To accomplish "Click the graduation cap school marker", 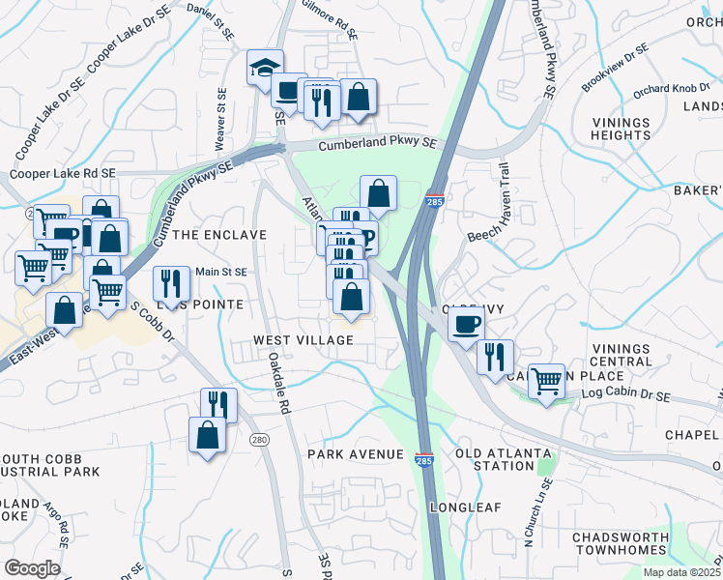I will point(265,69).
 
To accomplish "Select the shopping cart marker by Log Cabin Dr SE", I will point(546,381).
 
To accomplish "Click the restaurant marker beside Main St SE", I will point(171,283).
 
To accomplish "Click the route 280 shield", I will point(258,440).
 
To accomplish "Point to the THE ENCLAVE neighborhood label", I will point(218,235).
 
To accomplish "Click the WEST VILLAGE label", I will point(291,341).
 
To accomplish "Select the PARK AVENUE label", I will point(355,454).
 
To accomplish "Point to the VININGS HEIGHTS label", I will point(621,129).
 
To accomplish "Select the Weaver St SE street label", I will point(221,115).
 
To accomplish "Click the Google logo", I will point(32,568).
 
